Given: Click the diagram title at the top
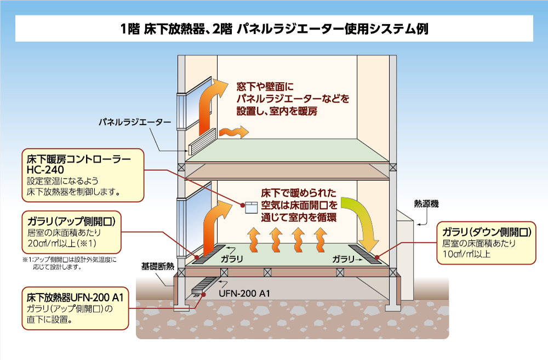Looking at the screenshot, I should (x=274, y=28).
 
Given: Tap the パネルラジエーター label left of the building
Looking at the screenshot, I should (x=134, y=121).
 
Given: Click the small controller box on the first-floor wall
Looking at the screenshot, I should (x=250, y=207).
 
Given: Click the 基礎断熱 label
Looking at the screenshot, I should (x=158, y=267).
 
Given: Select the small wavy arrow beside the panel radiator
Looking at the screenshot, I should (x=233, y=132).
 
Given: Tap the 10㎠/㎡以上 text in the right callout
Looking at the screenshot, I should (x=465, y=254).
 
